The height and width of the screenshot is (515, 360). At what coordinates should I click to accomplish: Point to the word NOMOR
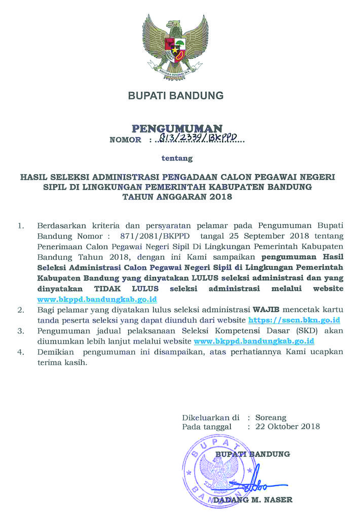(x=125, y=140)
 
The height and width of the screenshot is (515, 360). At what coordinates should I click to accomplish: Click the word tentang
(x=177, y=158)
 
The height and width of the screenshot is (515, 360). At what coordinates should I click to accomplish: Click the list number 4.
(x=21, y=352)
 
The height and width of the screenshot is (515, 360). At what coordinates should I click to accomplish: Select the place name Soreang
(x=271, y=418)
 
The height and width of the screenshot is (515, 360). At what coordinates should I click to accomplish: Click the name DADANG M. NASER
(x=253, y=500)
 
